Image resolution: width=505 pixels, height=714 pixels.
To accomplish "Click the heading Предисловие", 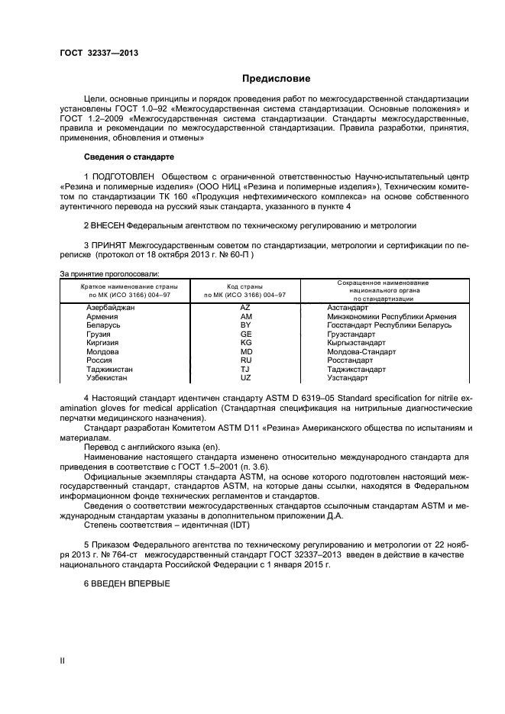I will click(276, 78).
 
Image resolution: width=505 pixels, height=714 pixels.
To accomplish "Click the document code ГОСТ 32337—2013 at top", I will click(99, 53).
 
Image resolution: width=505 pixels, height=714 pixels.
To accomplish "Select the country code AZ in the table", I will click(246, 307).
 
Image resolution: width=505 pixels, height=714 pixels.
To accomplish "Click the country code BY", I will click(246, 325).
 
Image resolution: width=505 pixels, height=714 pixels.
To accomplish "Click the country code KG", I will click(246, 343).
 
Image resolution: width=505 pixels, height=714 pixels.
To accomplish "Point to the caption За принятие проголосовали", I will click(109, 273).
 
